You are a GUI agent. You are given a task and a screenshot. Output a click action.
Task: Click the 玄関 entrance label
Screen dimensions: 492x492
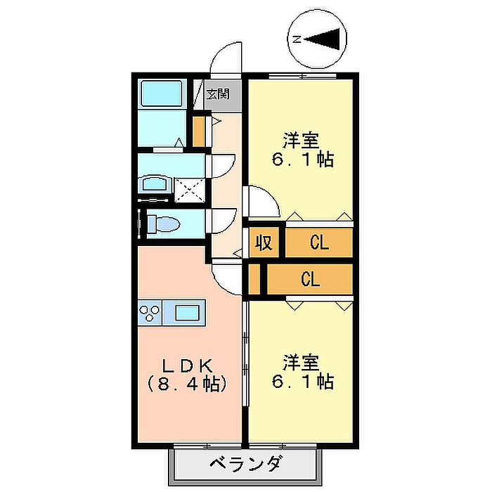coord(218,93)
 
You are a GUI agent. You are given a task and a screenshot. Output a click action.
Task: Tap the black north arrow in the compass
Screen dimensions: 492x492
coord(323,39)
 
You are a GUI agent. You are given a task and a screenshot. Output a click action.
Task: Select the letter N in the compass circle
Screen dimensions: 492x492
coord(297,39)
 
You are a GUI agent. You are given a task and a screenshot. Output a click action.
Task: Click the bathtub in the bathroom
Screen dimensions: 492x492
coord(162,93)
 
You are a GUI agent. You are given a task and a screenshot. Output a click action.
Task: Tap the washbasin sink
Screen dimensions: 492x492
coord(155,184)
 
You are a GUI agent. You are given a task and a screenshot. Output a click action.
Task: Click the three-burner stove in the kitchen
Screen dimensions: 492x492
coord(150,313)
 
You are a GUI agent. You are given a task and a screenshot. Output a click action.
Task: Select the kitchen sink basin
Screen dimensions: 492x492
coord(187,313)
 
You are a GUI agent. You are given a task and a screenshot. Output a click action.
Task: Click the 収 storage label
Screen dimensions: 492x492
coord(264,242)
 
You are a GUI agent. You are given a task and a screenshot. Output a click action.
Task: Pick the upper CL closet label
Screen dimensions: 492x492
coord(319,242)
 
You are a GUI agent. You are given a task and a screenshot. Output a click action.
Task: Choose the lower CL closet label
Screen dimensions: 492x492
coord(311,279)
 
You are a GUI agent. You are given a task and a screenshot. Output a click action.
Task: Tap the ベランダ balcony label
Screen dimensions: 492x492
coord(245,465)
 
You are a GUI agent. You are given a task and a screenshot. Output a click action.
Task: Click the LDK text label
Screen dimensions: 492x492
coord(188,365)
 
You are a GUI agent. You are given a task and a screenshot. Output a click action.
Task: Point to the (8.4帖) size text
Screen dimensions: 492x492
coord(188,384)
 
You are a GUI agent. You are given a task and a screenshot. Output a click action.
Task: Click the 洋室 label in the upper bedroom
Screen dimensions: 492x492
coord(302,141)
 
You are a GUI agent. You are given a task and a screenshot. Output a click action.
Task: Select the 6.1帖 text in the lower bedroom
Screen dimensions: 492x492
coord(303,381)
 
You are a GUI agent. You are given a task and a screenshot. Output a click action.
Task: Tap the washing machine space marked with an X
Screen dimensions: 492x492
coord(190,190)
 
